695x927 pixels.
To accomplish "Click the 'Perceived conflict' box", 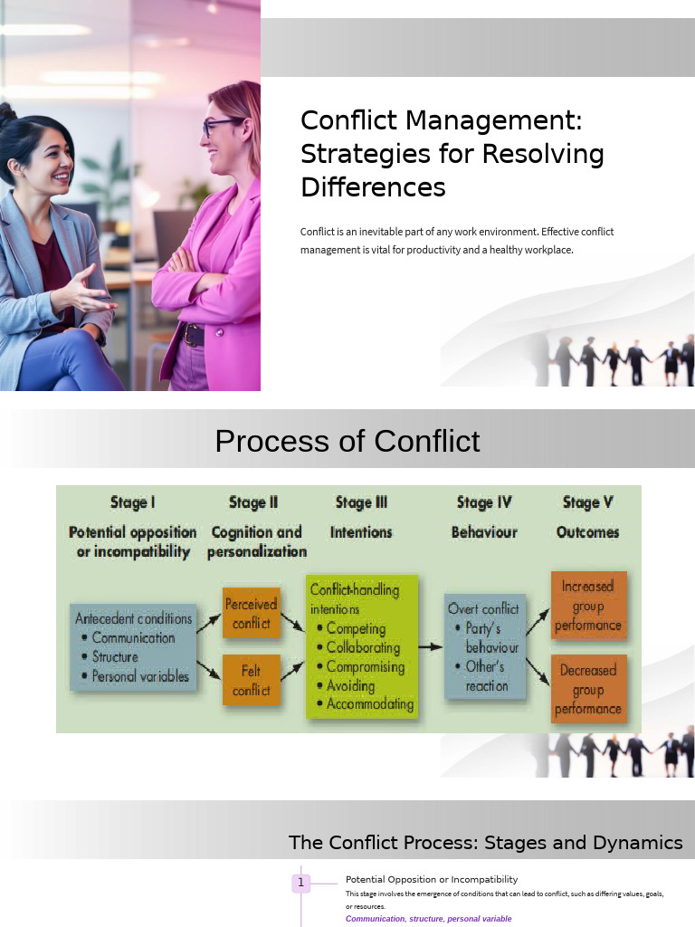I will [x=252, y=614].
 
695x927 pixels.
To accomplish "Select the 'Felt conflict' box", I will [x=252, y=681].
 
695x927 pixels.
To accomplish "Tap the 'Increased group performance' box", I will [x=588, y=606].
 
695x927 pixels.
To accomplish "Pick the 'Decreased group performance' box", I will [x=588, y=689].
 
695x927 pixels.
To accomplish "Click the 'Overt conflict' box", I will [x=484, y=646].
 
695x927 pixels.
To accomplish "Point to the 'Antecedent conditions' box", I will [x=134, y=647].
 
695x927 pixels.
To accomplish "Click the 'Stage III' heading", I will [x=361, y=502].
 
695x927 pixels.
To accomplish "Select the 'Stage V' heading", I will [x=587, y=502].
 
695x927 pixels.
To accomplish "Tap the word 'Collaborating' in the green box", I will [x=363, y=647].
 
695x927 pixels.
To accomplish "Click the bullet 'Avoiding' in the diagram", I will [x=350, y=685].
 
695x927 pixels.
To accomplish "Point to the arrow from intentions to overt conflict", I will [x=431, y=647].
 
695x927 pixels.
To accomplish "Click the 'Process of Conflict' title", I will [x=347, y=441].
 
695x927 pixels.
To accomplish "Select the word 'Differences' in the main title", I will [x=373, y=187].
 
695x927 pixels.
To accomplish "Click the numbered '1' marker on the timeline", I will [x=301, y=883].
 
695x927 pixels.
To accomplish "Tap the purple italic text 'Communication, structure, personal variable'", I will [x=428, y=919].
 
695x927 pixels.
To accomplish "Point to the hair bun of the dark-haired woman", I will [x=7, y=115].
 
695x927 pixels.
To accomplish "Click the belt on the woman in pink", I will [x=194, y=335].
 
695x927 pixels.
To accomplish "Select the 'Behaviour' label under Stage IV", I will [x=484, y=532].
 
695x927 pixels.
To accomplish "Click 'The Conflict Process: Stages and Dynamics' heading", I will [x=485, y=843].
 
